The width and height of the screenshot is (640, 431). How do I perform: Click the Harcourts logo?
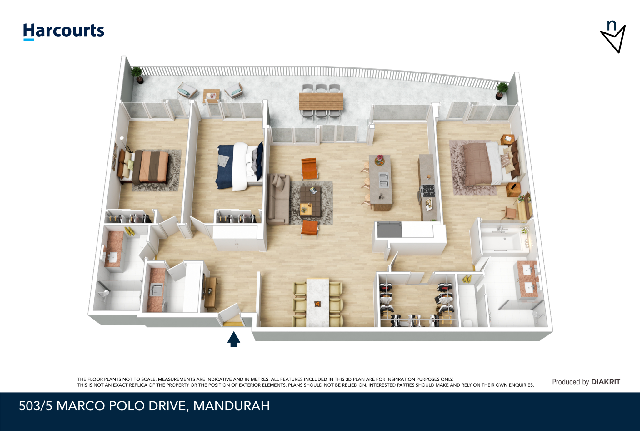point(64,32)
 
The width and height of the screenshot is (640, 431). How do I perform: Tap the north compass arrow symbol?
point(613,37)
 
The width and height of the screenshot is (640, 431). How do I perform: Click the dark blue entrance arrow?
point(234,339)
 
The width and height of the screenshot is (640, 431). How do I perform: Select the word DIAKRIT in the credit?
point(606,382)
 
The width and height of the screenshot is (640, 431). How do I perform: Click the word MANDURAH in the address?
point(232,406)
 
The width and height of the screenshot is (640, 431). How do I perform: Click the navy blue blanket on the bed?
point(225,167)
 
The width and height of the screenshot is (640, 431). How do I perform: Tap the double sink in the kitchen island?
point(383,180)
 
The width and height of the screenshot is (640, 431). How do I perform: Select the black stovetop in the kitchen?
point(428,191)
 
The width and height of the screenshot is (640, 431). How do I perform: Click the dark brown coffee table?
point(310,201)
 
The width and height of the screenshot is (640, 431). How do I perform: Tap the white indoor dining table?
point(317,302)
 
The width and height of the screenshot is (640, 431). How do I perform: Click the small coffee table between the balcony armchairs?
point(212,96)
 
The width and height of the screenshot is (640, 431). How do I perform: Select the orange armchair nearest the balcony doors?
point(309,169)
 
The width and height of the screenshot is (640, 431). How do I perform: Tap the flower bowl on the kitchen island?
point(380,160)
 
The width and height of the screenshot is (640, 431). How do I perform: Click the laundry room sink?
point(156,290)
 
